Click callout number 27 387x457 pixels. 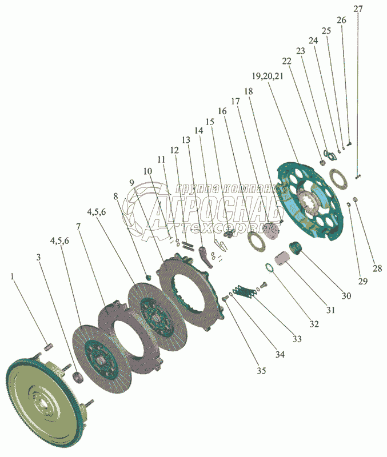[x=358, y=9]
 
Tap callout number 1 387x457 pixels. [x=13, y=276]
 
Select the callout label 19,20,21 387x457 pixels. [x=267, y=76]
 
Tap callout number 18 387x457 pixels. [x=248, y=91]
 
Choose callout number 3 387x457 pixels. [x=39, y=258]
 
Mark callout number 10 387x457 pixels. [x=148, y=171]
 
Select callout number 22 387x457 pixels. [x=286, y=61]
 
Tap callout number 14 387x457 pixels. [x=199, y=130]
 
